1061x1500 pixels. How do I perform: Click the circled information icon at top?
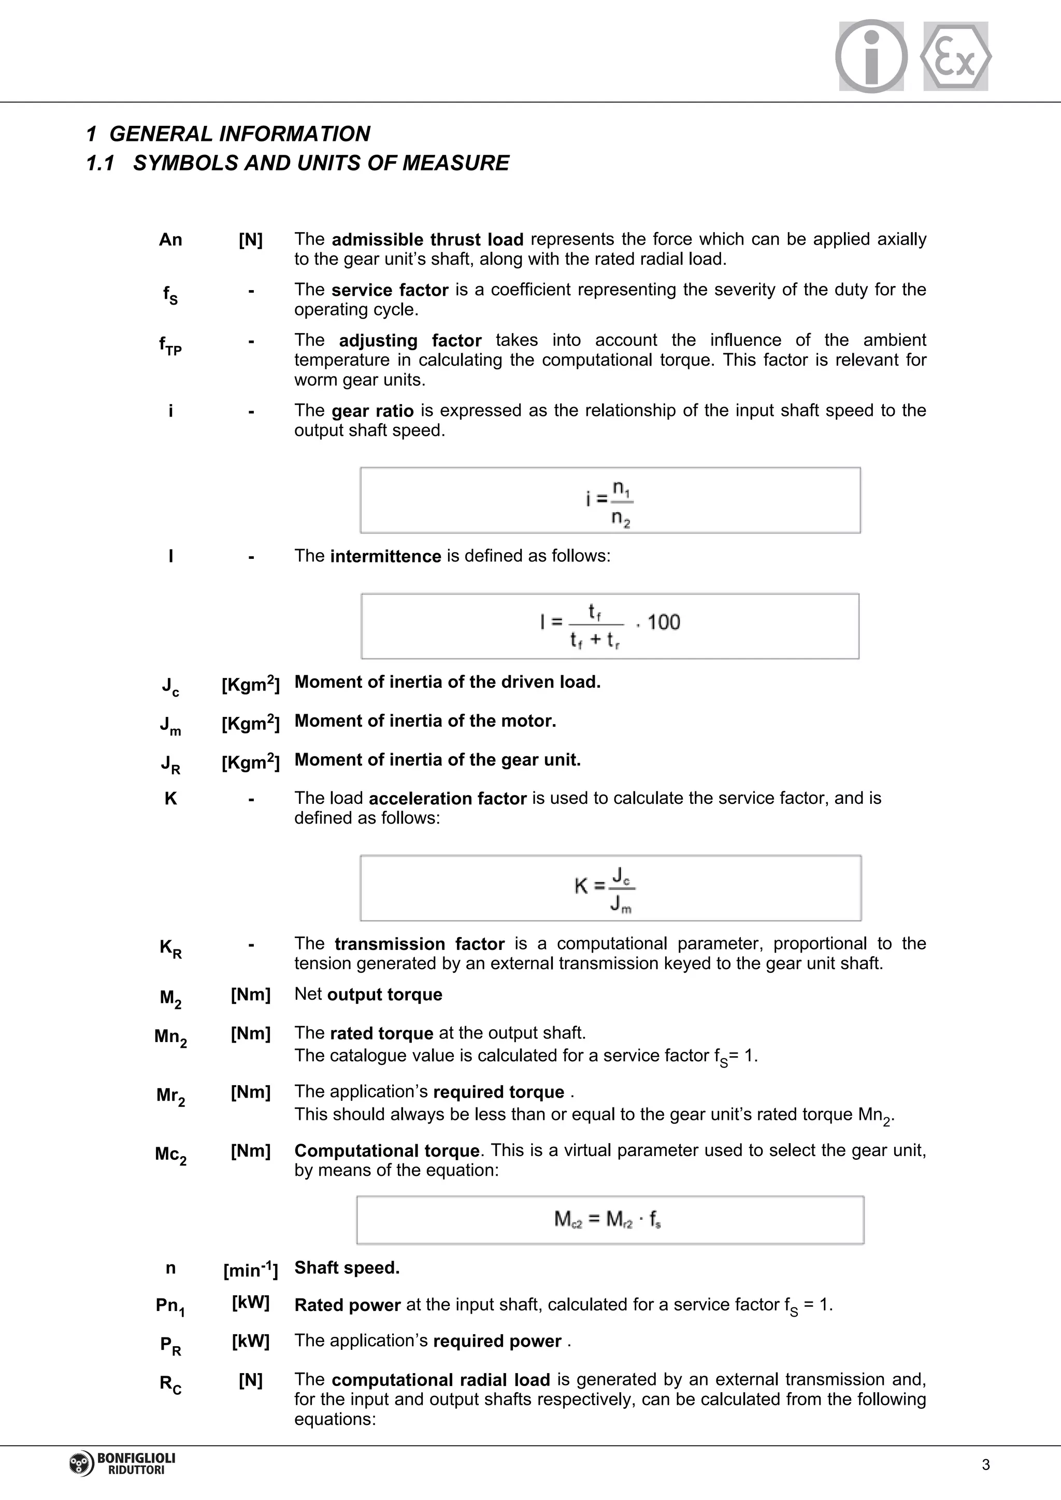pyautogui.click(x=871, y=56)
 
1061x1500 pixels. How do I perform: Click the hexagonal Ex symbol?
pyautogui.click(x=955, y=56)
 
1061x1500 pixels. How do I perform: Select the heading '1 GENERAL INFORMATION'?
pyautogui.click(x=228, y=134)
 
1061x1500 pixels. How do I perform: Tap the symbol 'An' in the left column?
pyautogui.click(x=170, y=240)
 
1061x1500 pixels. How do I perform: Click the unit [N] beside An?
pyautogui.click(x=250, y=240)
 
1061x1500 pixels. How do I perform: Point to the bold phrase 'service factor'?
pyautogui.click(x=390, y=290)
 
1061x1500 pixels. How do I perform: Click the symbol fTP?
pyautogui.click(x=170, y=344)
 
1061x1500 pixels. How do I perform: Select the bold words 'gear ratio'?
pyautogui.click(x=372, y=411)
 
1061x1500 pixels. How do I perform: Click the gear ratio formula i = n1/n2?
pyautogui.click(x=610, y=501)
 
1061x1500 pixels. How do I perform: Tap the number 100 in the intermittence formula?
pyautogui.click(x=663, y=622)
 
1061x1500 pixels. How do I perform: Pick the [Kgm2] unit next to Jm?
pyautogui.click(x=250, y=723)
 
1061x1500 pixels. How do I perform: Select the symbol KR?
pyautogui.click(x=170, y=948)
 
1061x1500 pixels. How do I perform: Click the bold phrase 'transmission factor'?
pyautogui.click(x=420, y=944)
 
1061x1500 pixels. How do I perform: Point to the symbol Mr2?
pyautogui.click(x=170, y=1095)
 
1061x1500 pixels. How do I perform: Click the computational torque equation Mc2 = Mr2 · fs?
pyautogui.click(x=608, y=1219)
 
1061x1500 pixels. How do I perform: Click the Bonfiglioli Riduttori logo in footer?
pyautogui.click(x=122, y=1464)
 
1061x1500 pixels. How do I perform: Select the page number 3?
pyautogui.click(x=986, y=1465)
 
